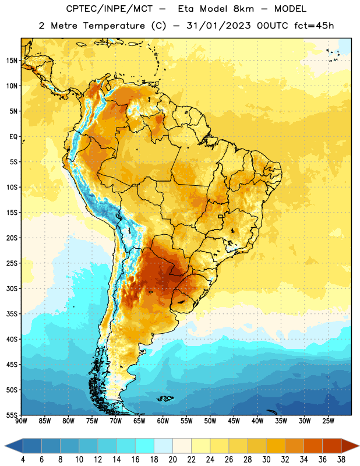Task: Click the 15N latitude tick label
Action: (12, 61)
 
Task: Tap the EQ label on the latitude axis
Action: (13, 137)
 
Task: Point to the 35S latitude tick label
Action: (12, 314)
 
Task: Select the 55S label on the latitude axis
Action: (12, 415)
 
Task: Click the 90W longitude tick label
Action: (21, 421)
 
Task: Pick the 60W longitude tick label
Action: (163, 421)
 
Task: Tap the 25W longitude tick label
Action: (328, 421)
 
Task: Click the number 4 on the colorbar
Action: (23, 460)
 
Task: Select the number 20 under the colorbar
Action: (172, 460)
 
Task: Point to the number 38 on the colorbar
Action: (341, 460)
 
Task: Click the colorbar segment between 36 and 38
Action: (332, 446)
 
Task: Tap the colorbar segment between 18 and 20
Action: (164, 446)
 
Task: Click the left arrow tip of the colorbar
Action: (5, 446)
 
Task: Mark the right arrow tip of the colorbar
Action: (359, 446)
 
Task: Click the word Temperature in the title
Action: (114, 26)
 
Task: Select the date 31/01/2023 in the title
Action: (219, 26)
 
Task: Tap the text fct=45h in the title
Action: (314, 26)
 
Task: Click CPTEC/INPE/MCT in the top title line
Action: (110, 9)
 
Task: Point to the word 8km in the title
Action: (243, 9)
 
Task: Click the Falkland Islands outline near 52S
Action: (165, 398)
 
